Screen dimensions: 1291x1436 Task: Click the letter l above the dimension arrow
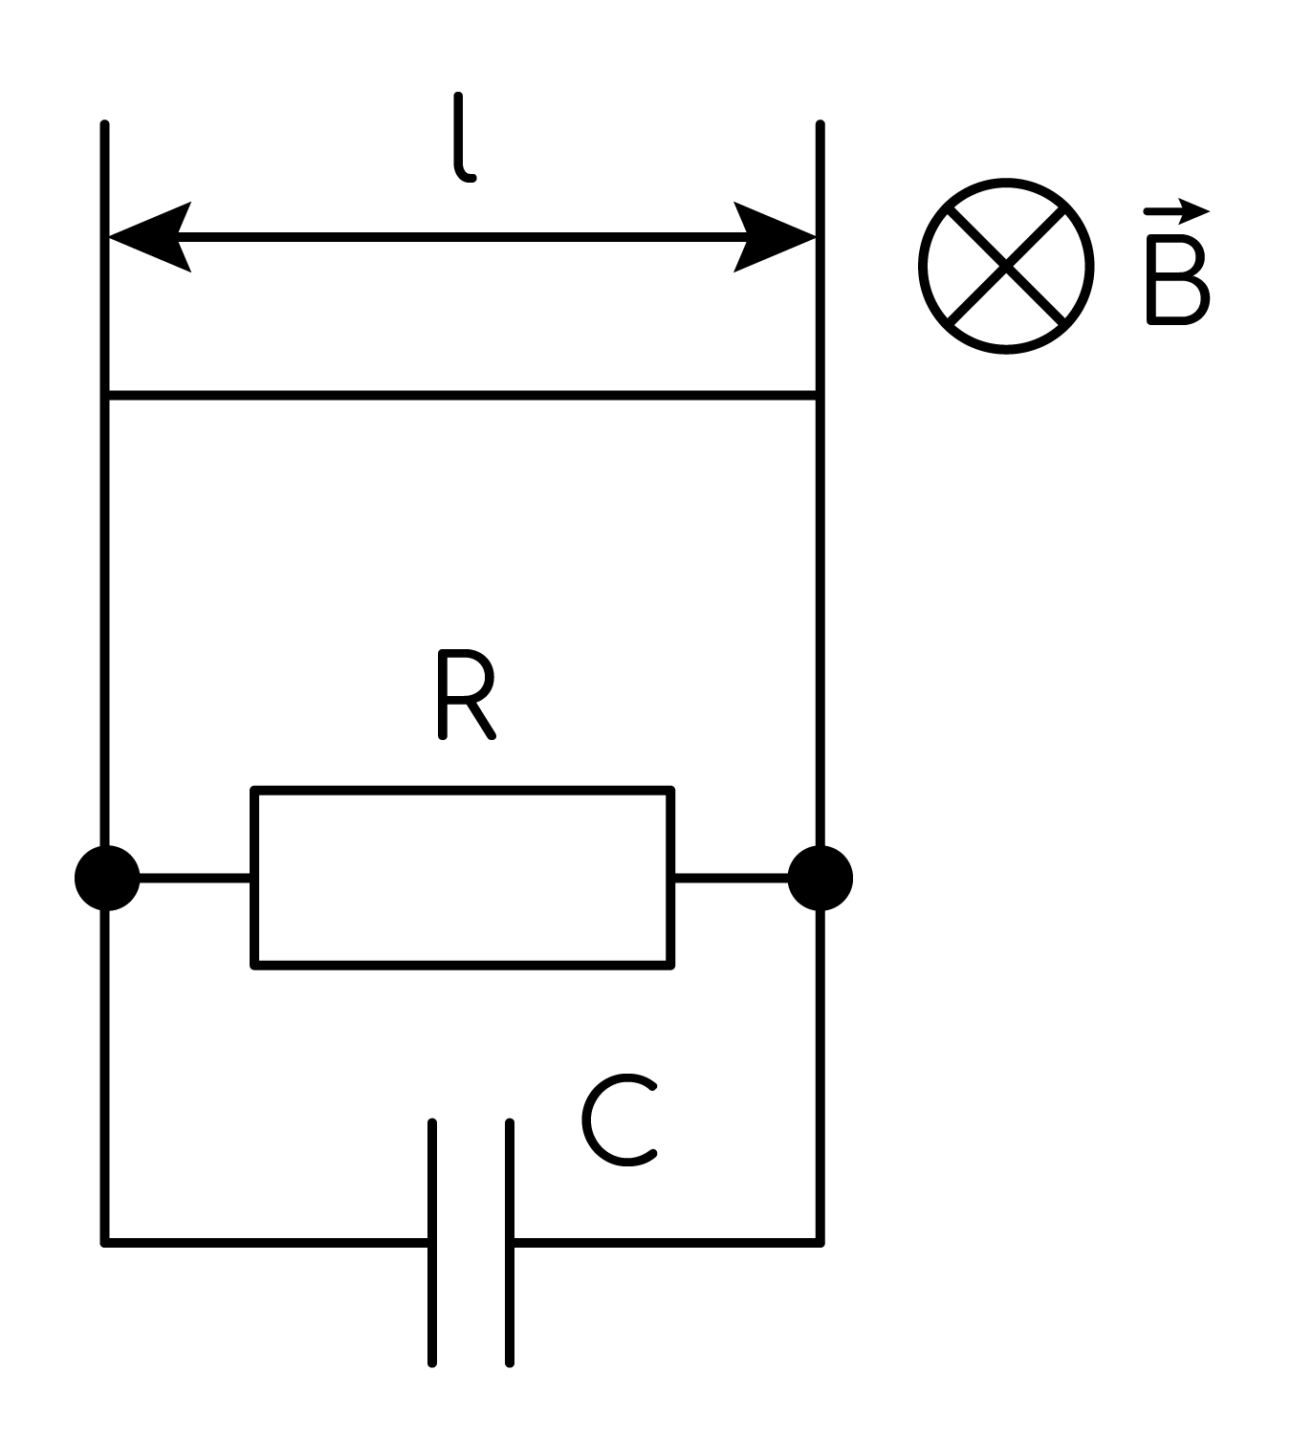coord(463,138)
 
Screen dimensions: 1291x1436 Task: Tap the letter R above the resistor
coord(466,694)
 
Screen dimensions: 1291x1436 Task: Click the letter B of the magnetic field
coord(1178,279)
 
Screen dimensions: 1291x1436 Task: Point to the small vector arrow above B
coord(1177,211)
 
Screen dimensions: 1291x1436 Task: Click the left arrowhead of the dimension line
coord(149,237)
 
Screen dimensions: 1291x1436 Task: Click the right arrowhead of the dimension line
coord(775,237)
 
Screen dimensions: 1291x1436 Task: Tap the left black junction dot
coord(107,879)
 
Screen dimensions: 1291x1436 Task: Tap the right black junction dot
coord(821,879)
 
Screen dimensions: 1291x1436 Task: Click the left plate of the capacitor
coord(431,1242)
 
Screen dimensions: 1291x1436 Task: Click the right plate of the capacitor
coord(509,1242)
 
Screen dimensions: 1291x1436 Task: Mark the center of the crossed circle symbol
coord(1006,266)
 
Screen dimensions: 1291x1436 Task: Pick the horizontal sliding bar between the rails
coord(463,395)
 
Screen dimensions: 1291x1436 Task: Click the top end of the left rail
coord(104,124)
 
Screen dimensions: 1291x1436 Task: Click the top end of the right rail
coord(821,124)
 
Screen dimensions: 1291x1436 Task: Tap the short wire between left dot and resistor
coord(195,879)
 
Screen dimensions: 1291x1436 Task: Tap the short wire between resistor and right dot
coord(731,879)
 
